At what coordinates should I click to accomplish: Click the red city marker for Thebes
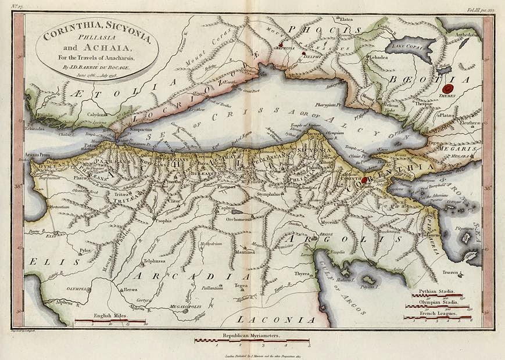448,89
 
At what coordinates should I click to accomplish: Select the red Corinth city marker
364,181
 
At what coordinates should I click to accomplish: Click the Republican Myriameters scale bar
252,341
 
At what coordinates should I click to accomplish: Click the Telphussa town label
155,261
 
